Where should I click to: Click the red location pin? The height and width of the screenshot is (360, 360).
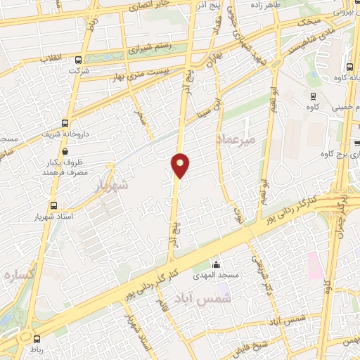[181, 165]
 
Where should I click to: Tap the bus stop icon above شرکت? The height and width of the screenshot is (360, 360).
[78, 60]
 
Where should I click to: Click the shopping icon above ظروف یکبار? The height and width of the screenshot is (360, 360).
[65, 150]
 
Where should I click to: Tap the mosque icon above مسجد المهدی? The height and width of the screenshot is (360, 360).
[216, 264]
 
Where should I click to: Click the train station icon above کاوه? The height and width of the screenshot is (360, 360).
[314, 96]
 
